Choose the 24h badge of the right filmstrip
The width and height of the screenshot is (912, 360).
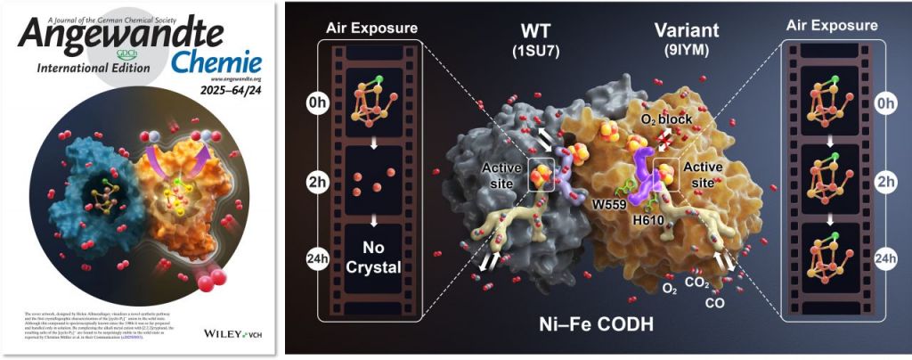pyautogui.click(x=885, y=258)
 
